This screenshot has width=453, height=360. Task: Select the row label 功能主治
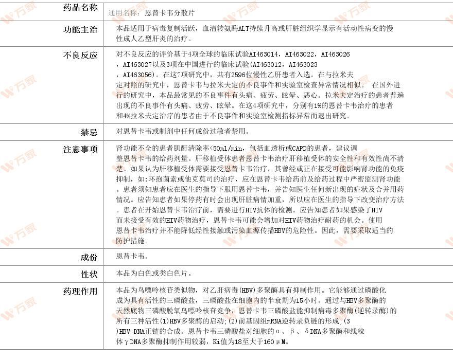[80, 29]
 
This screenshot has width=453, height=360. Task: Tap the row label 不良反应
[80, 55]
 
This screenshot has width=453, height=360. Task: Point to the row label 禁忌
[89, 132]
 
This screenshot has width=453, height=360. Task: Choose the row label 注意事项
[80, 150]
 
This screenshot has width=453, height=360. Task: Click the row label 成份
[89, 257]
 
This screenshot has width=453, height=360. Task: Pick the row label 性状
[89, 274]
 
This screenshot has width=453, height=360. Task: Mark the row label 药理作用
[80, 292]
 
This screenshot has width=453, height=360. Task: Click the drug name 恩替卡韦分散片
[170, 12]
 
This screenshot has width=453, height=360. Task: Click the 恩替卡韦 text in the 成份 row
[132, 256]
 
